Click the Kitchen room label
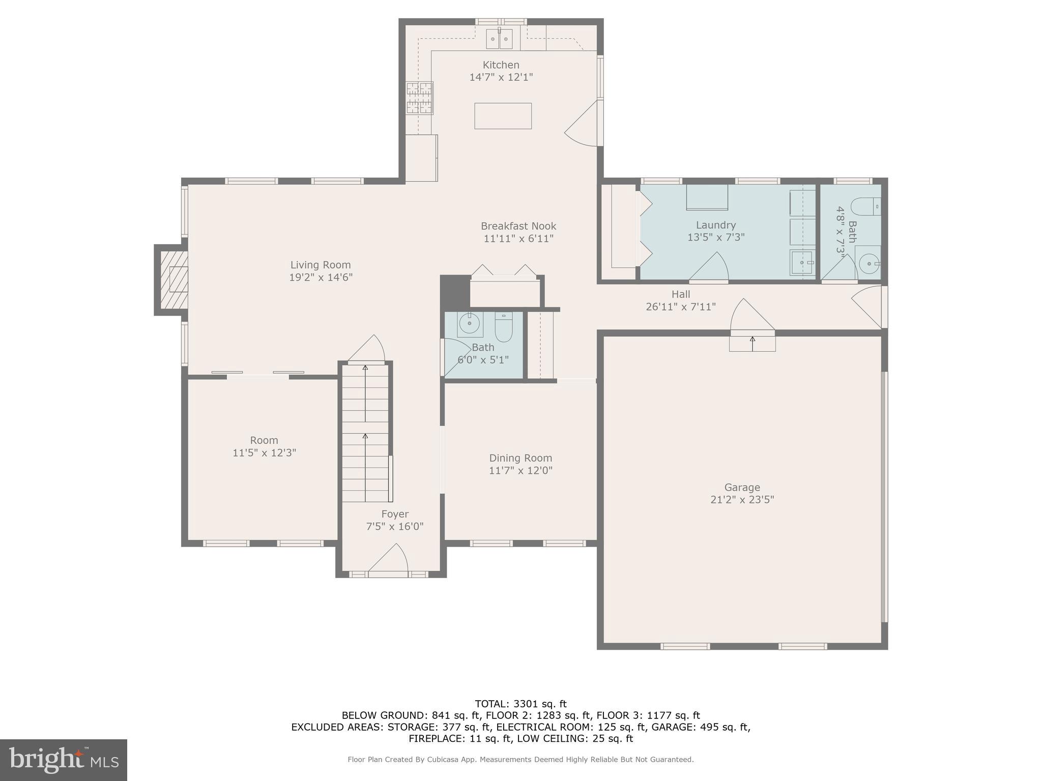501,65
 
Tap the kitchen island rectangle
503,116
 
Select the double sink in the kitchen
499,39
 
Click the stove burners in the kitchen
420,98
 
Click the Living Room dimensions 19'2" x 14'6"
321,278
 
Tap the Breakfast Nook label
518,226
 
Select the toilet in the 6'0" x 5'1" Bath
503,327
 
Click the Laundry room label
715,225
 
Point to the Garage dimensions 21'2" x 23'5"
742,500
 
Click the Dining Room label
520,458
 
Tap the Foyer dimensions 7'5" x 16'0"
394,527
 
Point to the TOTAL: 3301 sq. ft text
520,704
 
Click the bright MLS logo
63,760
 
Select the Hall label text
680,294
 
